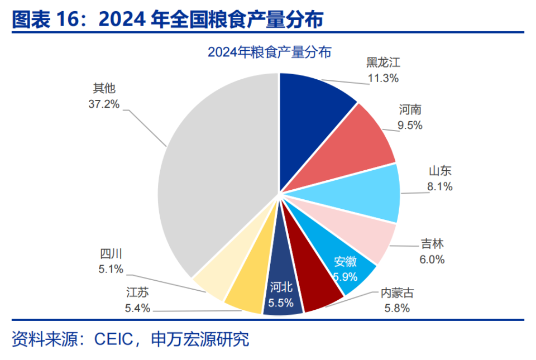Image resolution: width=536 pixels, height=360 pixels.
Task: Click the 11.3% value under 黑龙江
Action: click(382, 78)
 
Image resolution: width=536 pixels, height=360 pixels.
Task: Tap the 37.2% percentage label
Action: click(104, 104)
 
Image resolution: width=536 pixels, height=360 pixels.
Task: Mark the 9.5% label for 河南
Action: click(410, 126)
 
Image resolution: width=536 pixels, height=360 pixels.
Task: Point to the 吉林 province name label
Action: click(432, 244)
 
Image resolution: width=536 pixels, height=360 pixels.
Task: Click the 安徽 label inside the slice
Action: click(346, 261)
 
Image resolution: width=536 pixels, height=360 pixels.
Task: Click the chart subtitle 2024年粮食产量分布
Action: click(269, 52)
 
